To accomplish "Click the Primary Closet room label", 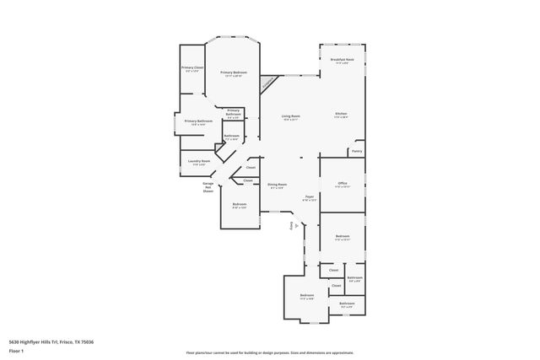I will pos(192,67).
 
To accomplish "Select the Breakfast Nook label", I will pos(342,60).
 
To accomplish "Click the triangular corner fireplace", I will pos(269,83).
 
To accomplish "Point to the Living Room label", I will pos(292,115).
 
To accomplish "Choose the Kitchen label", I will pos(341,114).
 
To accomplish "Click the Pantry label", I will pos(357,152).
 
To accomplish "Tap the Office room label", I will pos(342,183).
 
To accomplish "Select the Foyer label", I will pos(310,196).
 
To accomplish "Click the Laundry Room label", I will pos(199,160).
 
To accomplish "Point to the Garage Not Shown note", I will pos(208,187).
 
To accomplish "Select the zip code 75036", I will pos(86,342).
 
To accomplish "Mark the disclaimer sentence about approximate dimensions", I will pos(269,352).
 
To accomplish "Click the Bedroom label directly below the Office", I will pos(342,236).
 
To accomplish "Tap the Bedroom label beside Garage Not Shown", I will pos(240,204).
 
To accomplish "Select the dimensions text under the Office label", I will pos(342,187).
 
